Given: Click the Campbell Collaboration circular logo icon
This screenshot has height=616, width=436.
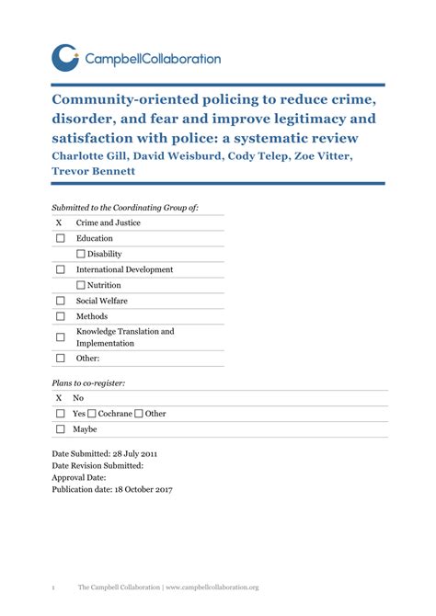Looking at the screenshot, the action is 66,58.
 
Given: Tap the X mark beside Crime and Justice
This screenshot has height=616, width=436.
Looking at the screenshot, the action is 59,222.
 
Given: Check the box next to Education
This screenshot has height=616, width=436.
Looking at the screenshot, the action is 60,238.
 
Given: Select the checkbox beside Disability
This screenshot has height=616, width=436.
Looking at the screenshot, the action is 81,254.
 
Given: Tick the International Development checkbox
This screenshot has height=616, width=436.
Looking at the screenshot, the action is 60,269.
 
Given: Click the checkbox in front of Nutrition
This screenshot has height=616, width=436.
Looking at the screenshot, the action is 81,285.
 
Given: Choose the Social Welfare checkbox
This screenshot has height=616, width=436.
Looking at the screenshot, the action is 60,301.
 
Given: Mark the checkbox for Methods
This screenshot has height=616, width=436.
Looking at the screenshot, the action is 60,316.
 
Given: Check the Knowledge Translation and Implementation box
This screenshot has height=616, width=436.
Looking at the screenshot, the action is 60,337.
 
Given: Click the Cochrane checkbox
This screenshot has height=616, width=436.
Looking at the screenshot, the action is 92,414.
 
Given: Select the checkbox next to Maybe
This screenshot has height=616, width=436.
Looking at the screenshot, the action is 60,429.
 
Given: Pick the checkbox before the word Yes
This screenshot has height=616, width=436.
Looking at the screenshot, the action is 60,414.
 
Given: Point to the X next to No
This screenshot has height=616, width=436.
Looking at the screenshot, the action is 59,398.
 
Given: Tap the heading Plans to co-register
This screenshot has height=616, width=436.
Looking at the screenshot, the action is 88,382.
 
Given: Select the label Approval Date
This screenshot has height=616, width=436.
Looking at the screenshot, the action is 79,477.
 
